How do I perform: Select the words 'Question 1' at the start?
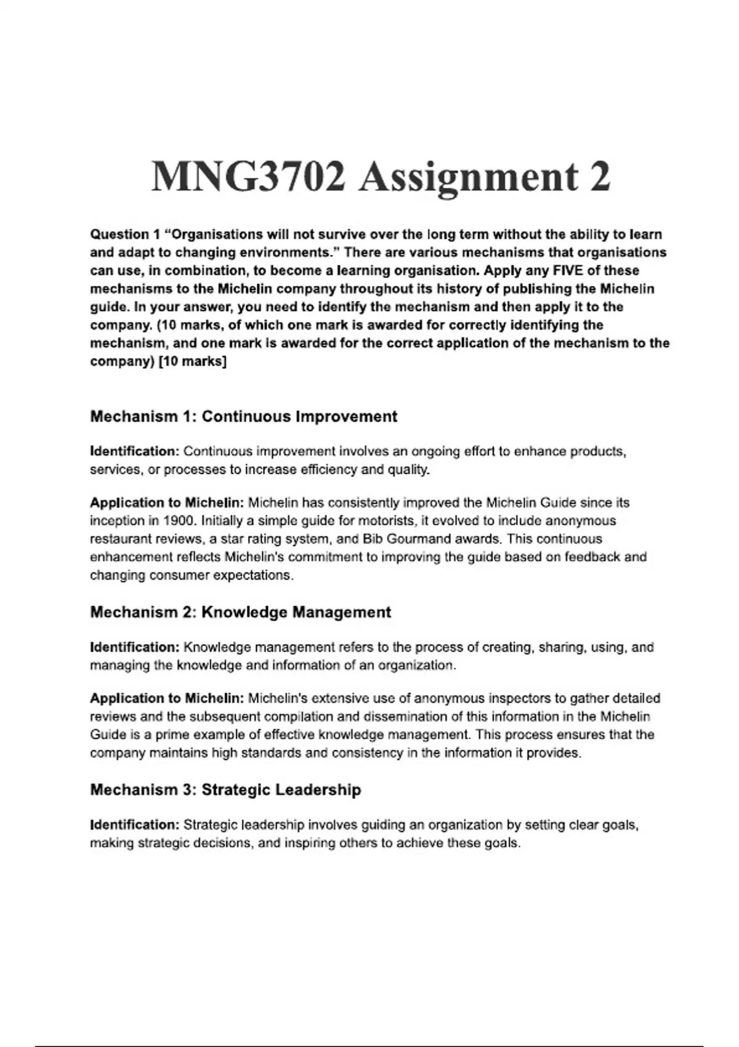(x=120, y=235)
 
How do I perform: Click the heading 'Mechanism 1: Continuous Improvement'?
(x=243, y=417)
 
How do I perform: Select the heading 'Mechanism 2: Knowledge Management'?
(x=240, y=612)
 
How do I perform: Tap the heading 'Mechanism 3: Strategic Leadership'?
(x=225, y=790)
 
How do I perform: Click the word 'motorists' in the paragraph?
(x=387, y=521)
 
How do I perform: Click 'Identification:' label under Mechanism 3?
(x=134, y=825)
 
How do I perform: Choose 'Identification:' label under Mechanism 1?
(x=134, y=451)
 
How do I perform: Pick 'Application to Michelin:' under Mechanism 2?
(x=167, y=698)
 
